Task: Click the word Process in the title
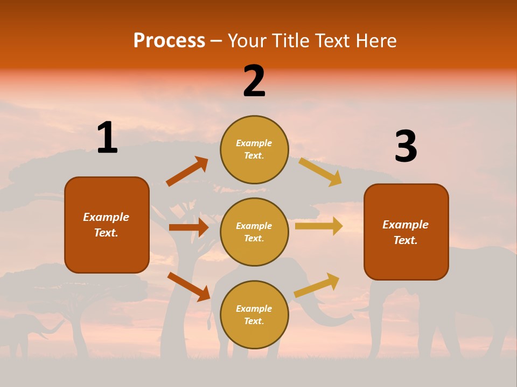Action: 169,40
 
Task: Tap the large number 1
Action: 107,138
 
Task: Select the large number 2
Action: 254,81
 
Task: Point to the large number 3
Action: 406,147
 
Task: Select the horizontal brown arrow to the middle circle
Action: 188,227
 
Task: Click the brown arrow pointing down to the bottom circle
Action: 188,286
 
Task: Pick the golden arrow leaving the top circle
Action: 320,171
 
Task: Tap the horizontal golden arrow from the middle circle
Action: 318,226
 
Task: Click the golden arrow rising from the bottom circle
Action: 317,285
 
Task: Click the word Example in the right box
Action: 406,225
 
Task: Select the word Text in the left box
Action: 106,233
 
